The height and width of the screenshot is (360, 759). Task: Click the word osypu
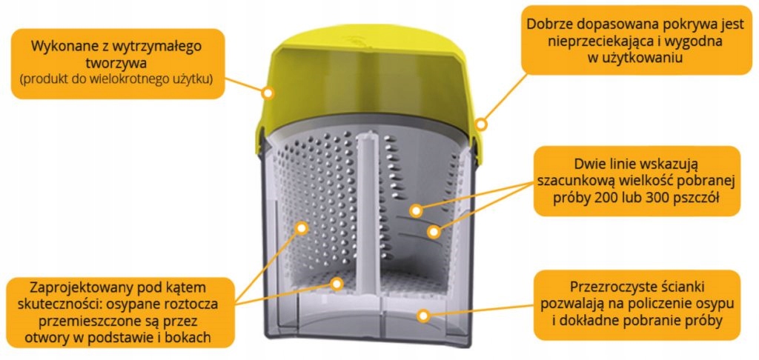705,303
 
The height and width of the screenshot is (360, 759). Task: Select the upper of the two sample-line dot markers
415,210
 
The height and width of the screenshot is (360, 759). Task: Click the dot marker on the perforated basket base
337,283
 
